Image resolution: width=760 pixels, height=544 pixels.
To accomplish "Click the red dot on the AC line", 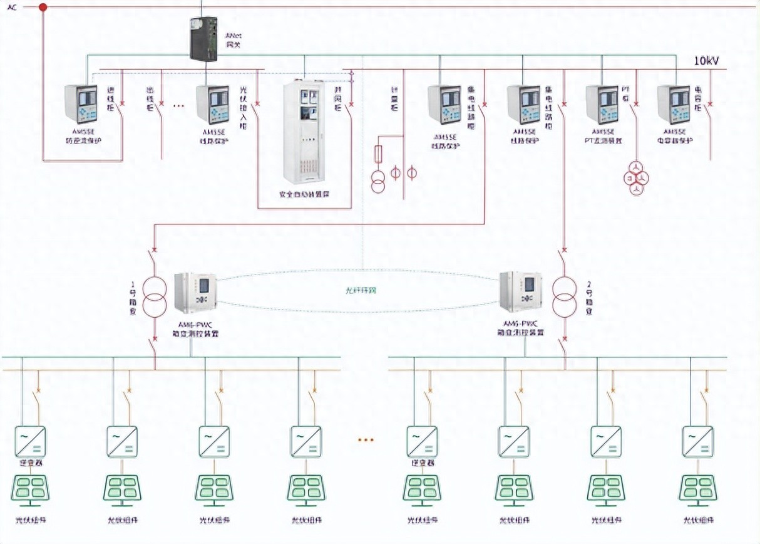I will pos(43,8).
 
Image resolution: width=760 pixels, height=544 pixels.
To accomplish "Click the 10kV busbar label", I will pos(706,61).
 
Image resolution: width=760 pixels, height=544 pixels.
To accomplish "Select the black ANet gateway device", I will pos(203,39).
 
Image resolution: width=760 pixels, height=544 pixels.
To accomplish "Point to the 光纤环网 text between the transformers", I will pos(361,290).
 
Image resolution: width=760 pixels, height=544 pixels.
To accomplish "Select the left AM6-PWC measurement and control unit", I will pos(195,293).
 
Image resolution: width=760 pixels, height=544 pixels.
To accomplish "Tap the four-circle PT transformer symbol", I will pos(636,179).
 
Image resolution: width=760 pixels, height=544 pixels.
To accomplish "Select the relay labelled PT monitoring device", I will pos(602,105).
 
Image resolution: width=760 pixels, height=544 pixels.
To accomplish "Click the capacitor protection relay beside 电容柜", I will pos(674,105).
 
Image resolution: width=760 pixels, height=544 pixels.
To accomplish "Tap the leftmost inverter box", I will pos(30,441).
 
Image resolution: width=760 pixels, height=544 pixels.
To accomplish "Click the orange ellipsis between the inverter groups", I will pos(365,440).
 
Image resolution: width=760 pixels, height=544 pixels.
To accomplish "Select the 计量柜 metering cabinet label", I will pos(394,99).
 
